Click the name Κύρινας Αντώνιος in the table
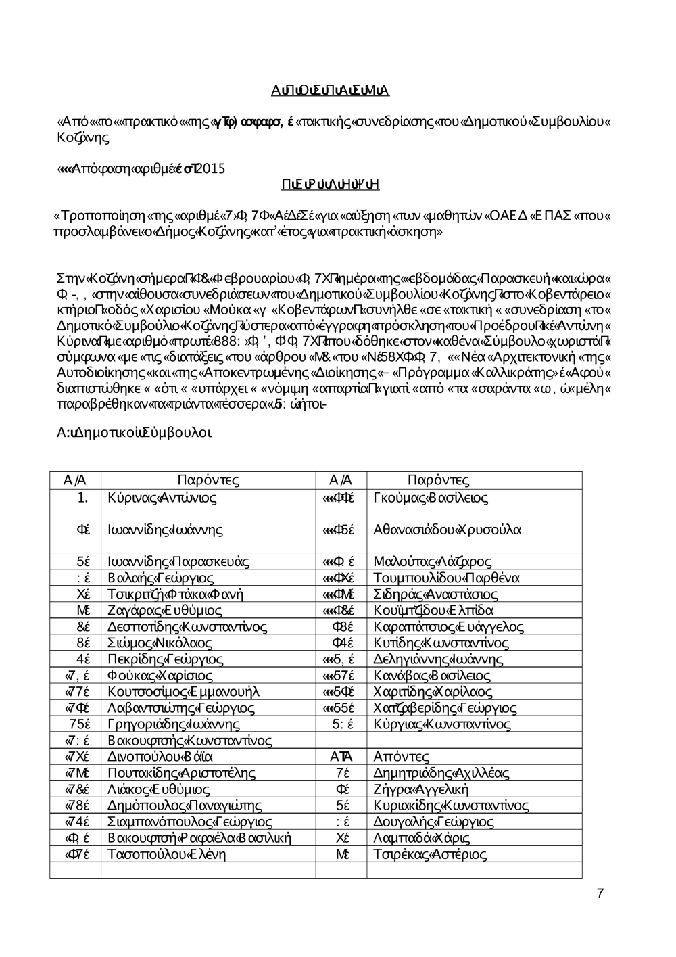click(162, 498)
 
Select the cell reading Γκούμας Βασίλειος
click(431, 498)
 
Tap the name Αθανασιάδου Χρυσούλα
click(447, 530)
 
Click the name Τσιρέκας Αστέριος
click(429, 854)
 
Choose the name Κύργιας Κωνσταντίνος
click(441, 724)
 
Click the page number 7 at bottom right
click(600, 894)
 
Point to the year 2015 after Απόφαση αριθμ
click(212, 168)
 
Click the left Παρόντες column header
click(208, 480)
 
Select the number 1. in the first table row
click(83, 498)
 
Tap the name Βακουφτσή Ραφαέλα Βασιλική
click(199, 838)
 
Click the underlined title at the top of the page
click(330, 91)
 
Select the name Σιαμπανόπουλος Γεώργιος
click(190, 822)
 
